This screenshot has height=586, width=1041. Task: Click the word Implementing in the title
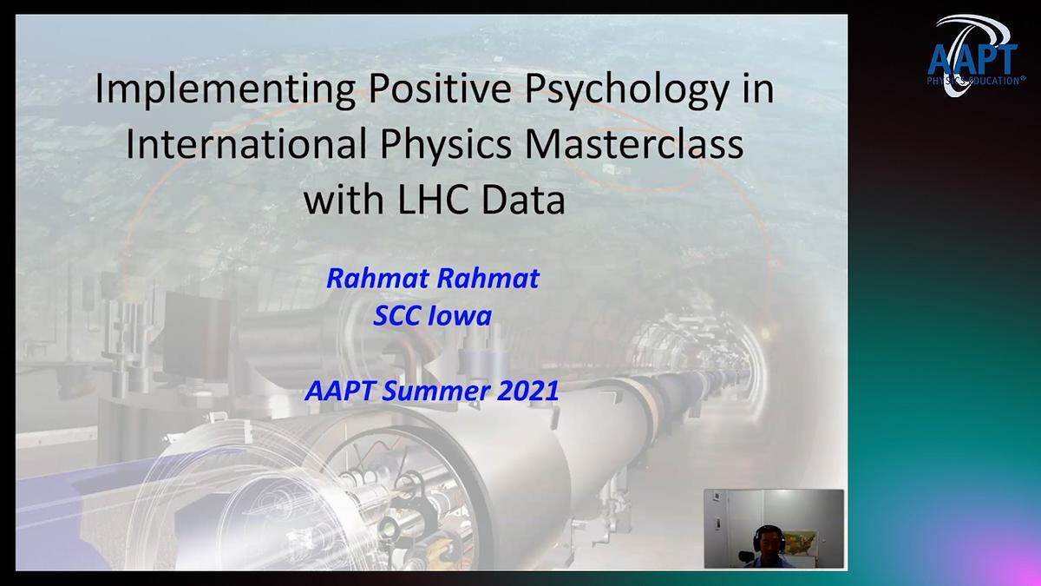coord(226,89)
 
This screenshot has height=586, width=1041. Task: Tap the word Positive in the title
coord(440,89)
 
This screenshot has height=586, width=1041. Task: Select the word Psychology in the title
coord(626,89)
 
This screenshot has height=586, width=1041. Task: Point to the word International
coord(246,143)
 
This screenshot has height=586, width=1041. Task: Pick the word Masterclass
coord(634,143)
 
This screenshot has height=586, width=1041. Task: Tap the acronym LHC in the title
coord(433,200)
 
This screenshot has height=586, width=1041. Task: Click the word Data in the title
coord(523,200)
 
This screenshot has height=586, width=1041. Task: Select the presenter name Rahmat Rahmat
coord(433,278)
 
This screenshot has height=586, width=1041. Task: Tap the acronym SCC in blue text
coord(396,316)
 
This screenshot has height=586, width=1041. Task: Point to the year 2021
coord(528,391)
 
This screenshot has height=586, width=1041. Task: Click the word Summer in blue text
coord(435,391)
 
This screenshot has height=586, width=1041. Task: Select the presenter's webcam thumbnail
coord(774,529)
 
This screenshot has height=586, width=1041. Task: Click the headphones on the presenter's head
coord(769,535)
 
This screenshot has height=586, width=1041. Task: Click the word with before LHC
coord(344,200)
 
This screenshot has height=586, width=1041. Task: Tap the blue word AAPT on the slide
coord(340,391)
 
